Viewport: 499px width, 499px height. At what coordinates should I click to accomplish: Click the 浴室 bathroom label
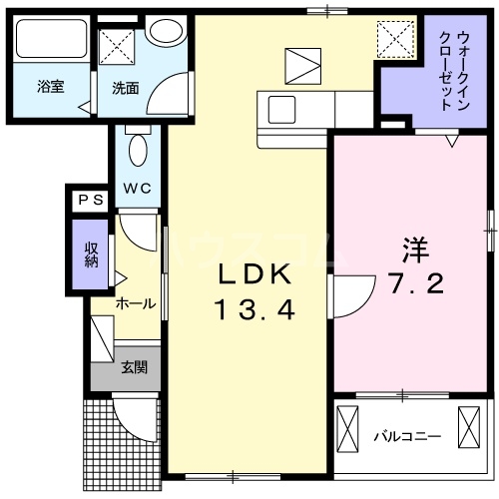(x=51, y=86)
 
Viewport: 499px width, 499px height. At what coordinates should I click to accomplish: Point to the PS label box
(x=90, y=200)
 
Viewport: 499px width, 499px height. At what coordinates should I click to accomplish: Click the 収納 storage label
(x=91, y=253)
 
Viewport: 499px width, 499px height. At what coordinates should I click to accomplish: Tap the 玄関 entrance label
(x=135, y=367)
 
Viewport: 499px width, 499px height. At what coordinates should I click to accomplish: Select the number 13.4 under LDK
(x=253, y=312)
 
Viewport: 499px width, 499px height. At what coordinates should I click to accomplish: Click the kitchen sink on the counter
(x=279, y=109)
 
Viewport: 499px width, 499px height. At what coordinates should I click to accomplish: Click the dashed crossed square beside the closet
(x=394, y=40)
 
